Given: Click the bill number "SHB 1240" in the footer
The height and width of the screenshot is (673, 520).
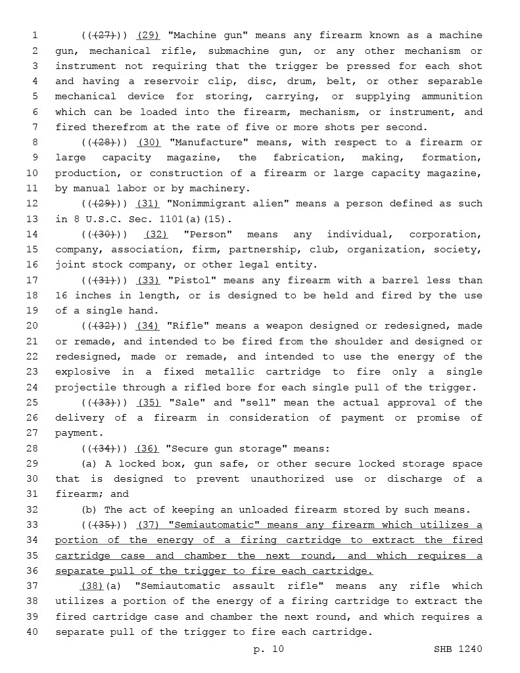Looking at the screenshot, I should point(458,649).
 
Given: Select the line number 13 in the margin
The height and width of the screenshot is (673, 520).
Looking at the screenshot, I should point(34,219).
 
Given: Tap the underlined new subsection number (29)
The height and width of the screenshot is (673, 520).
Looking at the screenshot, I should point(148,35).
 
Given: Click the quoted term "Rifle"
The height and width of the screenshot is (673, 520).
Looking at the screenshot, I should point(188,326).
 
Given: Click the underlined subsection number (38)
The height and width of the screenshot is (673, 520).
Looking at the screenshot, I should point(93,586).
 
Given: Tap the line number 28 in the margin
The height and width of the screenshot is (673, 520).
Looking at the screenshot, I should point(34,449).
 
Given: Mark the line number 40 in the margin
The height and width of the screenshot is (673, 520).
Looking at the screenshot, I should point(34,632).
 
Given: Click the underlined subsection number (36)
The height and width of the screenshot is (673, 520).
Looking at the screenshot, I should point(147,449).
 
